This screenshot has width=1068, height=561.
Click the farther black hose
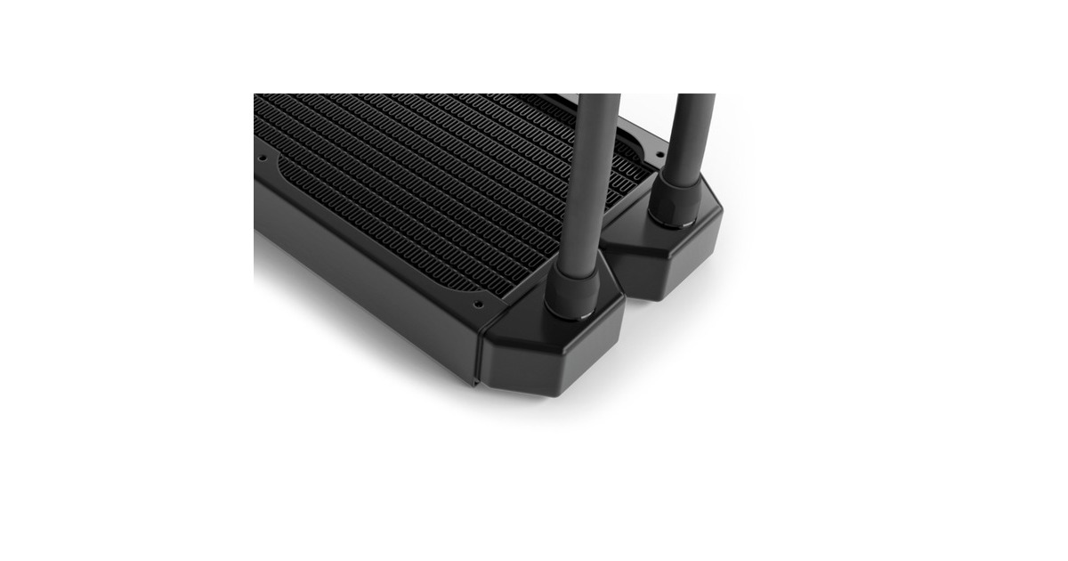pyautogui.click(x=692, y=134)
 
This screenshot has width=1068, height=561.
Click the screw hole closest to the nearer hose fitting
pyautogui.click(x=478, y=304)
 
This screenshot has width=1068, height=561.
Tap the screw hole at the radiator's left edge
pyautogui.click(x=263, y=159)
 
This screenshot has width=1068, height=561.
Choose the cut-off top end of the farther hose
pyautogui.click(x=694, y=96)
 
